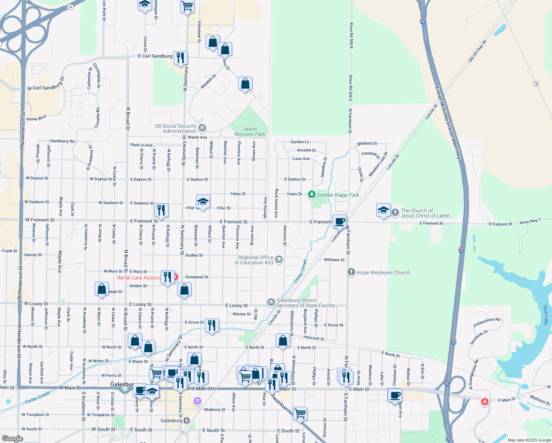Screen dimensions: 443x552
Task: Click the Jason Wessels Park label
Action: (x=250, y=132)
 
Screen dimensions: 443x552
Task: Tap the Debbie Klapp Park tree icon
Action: (x=312, y=194)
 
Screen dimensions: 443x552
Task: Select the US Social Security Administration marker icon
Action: (x=202, y=128)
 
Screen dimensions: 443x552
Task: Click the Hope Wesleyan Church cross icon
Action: (x=351, y=272)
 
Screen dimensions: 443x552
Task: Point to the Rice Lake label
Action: (x=546, y=315)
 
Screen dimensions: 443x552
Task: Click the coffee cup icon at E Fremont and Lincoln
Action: (x=340, y=221)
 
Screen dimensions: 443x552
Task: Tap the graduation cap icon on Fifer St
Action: (x=203, y=202)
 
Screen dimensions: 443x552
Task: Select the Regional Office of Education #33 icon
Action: (x=279, y=260)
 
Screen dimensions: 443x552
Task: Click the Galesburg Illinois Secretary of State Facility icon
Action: (x=271, y=302)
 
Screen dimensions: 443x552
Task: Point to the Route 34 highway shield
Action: (x=70, y=7)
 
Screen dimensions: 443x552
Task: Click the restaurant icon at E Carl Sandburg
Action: (x=180, y=58)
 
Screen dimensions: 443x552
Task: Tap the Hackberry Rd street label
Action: (x=62, y=141)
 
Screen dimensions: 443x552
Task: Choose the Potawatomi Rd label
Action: (x=487, y=322)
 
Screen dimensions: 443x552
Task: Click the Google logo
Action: (x=12, y=438)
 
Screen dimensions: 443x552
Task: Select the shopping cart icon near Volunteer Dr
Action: (x=187, y=6)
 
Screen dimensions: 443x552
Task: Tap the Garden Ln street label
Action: (x=300, y=142)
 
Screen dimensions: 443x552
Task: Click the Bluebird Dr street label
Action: (x=367, y=143)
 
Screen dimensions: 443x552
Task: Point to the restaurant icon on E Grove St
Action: (x=212, y=325)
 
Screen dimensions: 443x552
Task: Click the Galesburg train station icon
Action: (x=187, y=420)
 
